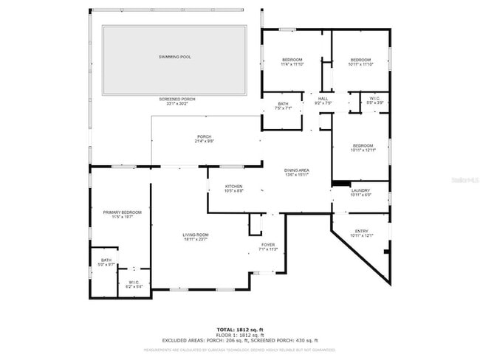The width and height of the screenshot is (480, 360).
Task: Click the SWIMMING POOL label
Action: [174, 57]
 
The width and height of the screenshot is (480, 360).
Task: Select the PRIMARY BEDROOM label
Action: [122, 212]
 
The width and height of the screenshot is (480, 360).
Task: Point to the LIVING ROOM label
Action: [196, 235]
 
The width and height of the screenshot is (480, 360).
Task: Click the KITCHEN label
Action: [233, 187]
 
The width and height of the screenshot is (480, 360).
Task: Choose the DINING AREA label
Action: [297, 170]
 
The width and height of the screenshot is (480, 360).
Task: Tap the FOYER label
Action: [268, 245]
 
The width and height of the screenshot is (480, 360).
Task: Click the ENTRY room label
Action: [362, 232]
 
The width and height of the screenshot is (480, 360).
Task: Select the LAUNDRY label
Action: [360, 191]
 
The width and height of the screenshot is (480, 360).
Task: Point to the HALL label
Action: [323, 99]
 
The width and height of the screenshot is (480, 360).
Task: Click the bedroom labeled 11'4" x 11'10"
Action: [293, 60]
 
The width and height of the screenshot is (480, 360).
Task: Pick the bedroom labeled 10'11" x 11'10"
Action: [360, 60]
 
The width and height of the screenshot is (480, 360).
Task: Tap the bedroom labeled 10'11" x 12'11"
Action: [363, 146]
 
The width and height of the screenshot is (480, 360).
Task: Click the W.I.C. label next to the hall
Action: [374, 99]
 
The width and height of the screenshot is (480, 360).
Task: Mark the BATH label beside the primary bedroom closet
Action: [106, 260]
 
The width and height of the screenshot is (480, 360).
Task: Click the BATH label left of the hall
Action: [284, 104]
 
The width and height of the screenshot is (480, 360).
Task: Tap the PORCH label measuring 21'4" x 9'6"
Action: [204, 136]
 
